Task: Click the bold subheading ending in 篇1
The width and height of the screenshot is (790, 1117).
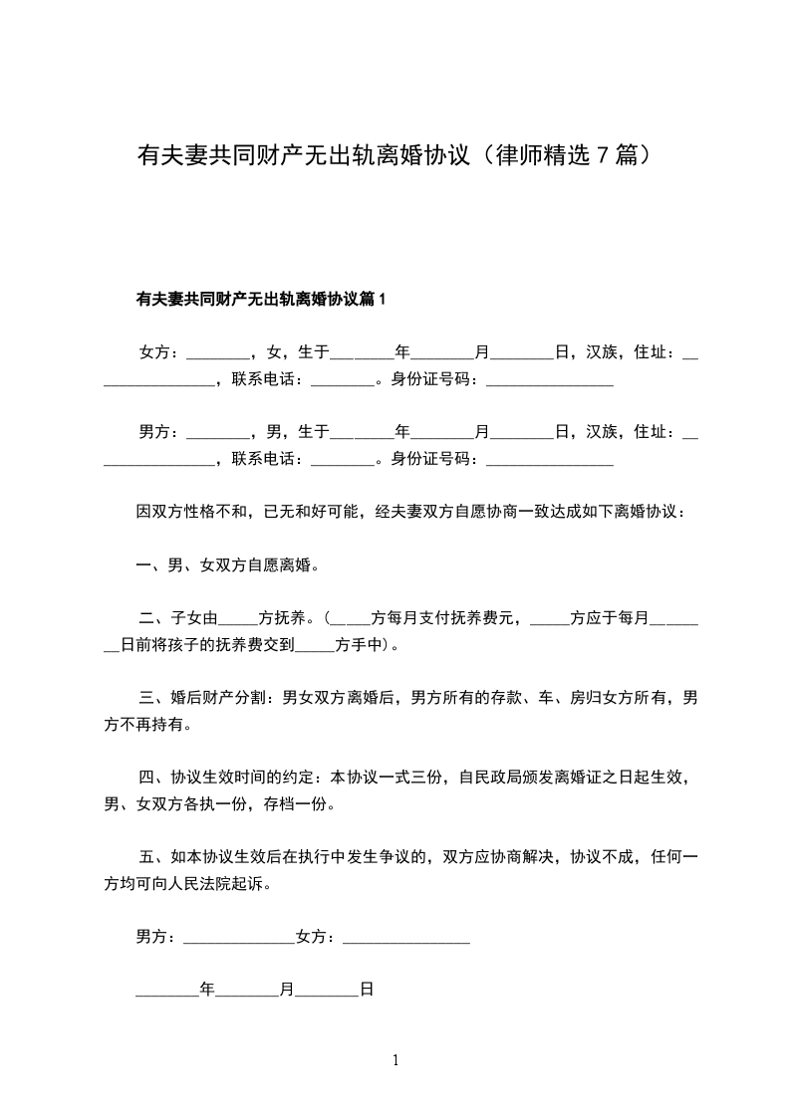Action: click(x=260, y=299)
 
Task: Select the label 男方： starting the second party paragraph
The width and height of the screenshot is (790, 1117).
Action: click(x=159, y=431)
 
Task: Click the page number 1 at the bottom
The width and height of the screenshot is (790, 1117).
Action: click(x=395, y=1060)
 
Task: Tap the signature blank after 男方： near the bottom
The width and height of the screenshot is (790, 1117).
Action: click(x=239, y=938)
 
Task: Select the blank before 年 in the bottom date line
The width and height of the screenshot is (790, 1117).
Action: click(x=167, y=991)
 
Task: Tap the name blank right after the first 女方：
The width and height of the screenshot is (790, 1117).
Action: click(x=217, y=353)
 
